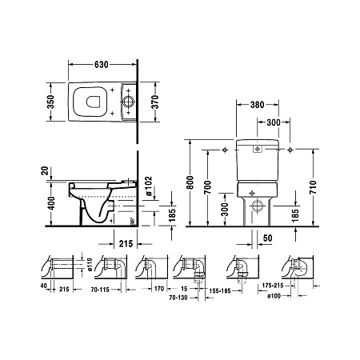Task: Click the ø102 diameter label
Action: (x=149, y=189)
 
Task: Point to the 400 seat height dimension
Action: (x=51, y=203)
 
